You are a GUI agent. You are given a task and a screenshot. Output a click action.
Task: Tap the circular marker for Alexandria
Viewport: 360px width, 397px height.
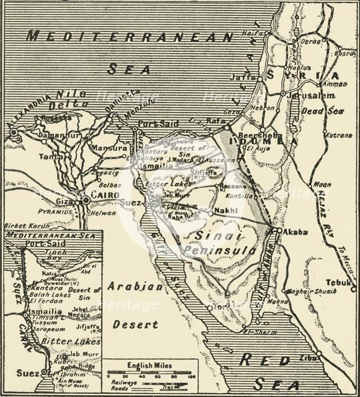(13, 132)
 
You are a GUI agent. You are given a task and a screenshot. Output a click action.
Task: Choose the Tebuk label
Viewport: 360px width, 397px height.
(339, 282)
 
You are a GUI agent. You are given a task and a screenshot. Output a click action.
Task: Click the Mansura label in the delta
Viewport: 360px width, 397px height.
(108, 148)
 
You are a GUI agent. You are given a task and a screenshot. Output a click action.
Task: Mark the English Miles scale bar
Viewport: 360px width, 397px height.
(149, 375)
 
